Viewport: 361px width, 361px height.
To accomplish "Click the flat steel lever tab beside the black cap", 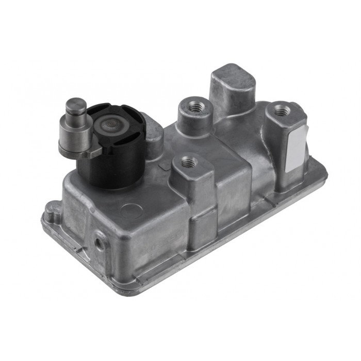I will coord(93,153).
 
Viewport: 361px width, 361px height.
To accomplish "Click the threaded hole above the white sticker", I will coord(281,110).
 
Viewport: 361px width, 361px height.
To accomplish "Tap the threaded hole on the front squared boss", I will coord(189,162).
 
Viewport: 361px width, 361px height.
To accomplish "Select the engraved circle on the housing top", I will coord(131,210).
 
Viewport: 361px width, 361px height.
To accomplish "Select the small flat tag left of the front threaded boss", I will coord(165,166).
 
